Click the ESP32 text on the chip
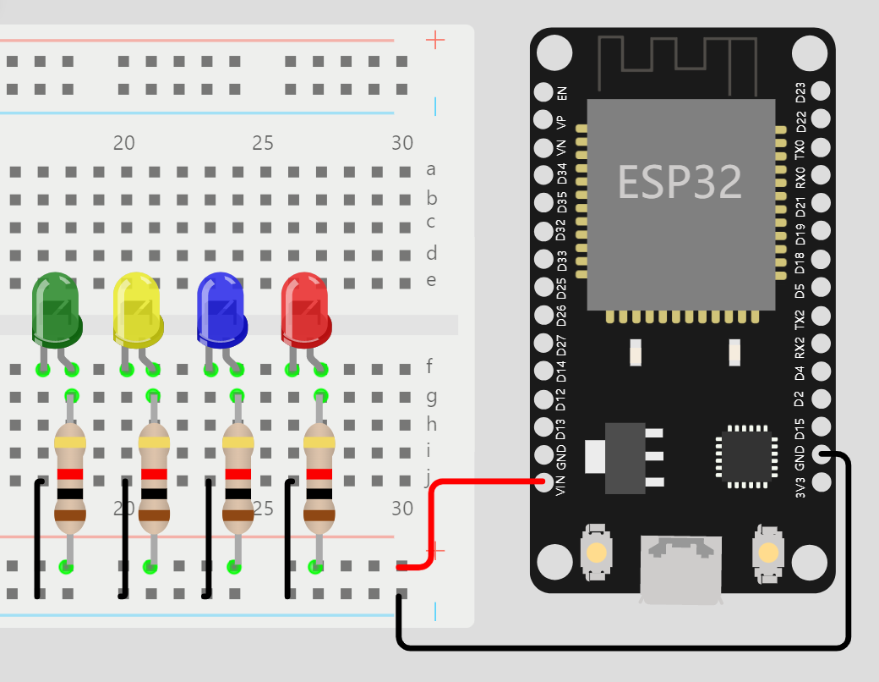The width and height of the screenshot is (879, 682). (x=680, y=181)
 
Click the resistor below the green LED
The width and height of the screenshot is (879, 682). (x=70, y=478)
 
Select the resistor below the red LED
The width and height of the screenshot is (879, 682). (x=319, y=478)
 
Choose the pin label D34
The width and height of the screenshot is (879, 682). (x=563, y=175)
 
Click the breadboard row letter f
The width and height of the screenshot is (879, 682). (x=431, y=367)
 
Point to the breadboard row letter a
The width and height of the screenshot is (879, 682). (x=431, y=170)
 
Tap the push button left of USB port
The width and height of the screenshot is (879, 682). (x=597, y=553)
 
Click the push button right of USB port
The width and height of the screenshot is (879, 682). (x=768, y=553)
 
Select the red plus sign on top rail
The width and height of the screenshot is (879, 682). (x=435, y=40)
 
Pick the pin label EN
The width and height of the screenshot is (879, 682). (x=563, y=93)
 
